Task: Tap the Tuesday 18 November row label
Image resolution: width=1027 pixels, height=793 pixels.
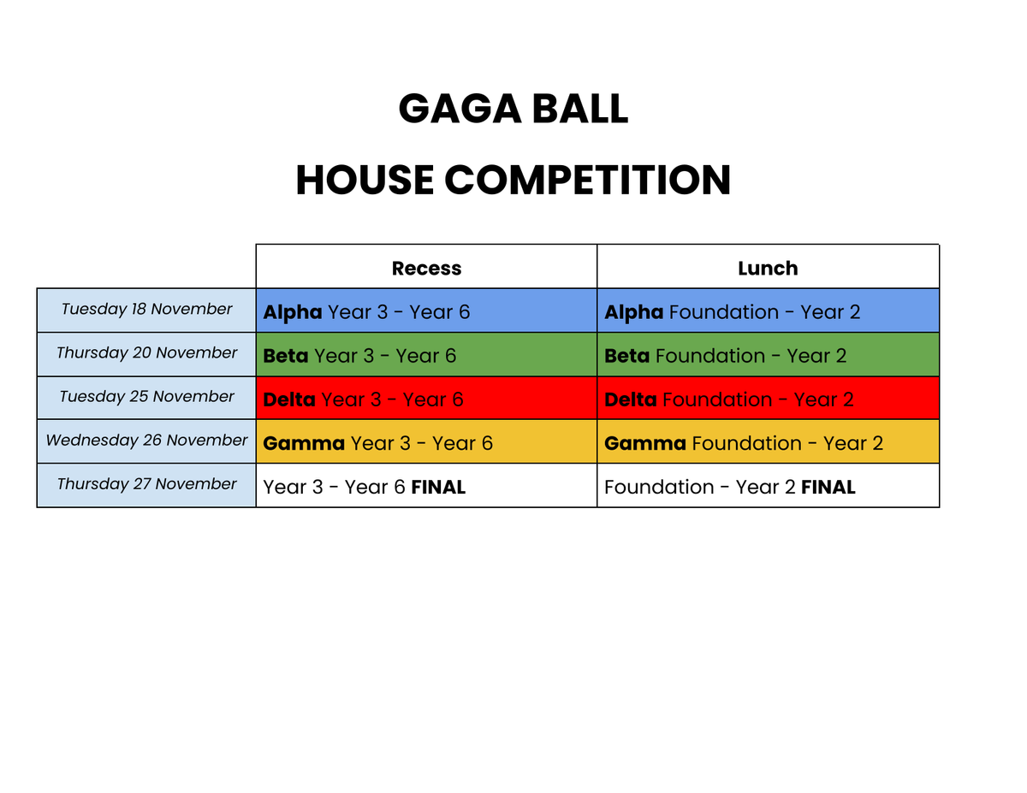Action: click(146, 310)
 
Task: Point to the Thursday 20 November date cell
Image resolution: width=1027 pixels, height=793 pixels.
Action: click(146, 354)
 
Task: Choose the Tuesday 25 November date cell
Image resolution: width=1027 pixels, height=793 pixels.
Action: click(146, 397)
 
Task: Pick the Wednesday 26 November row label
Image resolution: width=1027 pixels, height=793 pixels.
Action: click(146, 441)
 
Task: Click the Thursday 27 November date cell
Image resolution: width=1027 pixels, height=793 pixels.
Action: click(146, 484)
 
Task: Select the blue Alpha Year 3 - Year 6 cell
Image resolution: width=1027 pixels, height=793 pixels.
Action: click(426, 311)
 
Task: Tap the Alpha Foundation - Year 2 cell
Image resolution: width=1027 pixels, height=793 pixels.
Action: click(768, 311)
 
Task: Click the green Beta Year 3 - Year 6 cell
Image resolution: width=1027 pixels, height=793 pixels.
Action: click(426, 354)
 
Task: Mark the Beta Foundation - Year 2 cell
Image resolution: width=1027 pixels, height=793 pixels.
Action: click(768, 354)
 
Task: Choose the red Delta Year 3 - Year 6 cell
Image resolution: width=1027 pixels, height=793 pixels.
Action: click(426, 398)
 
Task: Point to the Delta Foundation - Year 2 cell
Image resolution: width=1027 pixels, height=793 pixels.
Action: click(768, 398)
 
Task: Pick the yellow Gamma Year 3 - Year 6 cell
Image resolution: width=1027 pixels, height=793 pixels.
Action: click(426, 441)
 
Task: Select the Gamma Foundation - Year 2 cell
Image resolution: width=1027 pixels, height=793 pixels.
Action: click(768, 441)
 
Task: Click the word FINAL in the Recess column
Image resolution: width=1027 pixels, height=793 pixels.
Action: click(438, 487)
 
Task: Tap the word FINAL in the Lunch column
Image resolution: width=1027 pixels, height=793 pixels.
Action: click(828, 487)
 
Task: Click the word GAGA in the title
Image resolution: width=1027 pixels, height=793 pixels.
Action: click(460, 109)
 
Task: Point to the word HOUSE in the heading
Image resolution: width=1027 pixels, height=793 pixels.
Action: click(365, 180)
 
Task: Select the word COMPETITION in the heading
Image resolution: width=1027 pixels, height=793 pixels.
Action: click(587, 180)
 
